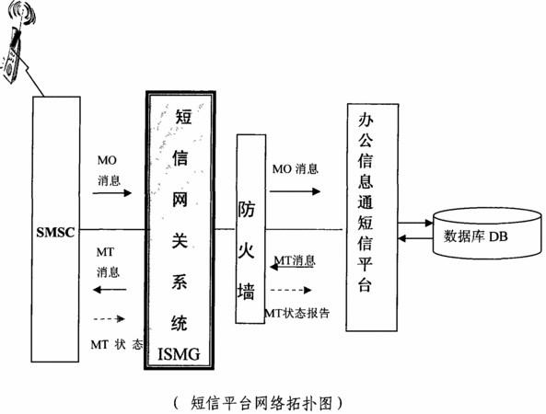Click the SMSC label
click(56, 232)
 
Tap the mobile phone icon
click(13, 52)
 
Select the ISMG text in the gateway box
click(180, 354)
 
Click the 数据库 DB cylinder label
click(476, 236)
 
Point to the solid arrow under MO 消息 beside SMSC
click(112, 192)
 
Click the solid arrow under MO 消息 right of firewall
click(295, 191)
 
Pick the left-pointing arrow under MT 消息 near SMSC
click(110, 289)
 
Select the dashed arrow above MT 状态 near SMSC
click(110, 318)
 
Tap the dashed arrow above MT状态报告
click(291, 290)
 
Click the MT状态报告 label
click(296, 313)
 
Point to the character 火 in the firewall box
click(246, 250)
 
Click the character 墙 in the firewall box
click(246, 291)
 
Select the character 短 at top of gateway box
click(183, 116)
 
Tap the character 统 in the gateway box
click(180, 323)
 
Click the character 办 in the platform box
click(366, 121)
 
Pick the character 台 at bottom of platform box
click(365, 284)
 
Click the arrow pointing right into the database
click(415, 223)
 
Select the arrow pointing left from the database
click(415, 238)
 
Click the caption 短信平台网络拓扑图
click(261, 403)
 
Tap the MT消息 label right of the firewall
click(295, 260)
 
